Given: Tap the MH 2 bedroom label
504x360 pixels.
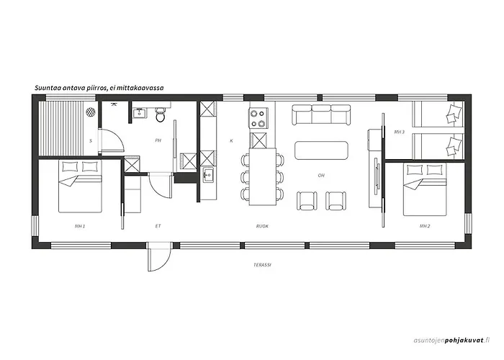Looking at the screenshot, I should click(x=425, y=226).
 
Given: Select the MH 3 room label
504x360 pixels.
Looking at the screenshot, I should click(x=400, y=132).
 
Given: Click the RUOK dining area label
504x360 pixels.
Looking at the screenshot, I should click(x=262, y=226).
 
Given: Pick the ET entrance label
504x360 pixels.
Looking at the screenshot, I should click(x=158, y=226).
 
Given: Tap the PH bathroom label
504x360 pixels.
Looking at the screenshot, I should click(x=158, y=140).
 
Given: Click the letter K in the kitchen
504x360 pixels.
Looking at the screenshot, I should click(x=231, y=140).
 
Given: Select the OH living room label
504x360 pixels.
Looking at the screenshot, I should click(x=322, y=175).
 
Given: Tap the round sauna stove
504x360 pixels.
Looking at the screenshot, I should click(x=91, y=112).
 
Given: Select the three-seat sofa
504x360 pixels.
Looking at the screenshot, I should click(x=323, y=114).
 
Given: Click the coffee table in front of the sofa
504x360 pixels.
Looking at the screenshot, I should click(x=323, y=150).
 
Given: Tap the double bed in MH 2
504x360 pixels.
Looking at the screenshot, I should click(x=425, y=189).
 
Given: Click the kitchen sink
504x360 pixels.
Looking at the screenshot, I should click(x=207, y=175).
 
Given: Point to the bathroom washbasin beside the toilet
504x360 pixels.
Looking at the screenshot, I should click(x=140, y=113).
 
